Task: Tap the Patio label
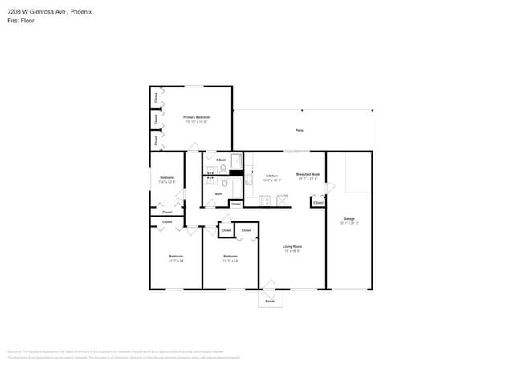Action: [x=299, y=130]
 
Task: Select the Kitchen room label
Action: [x=271, y=175]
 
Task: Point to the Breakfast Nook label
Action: [x=308, y=174]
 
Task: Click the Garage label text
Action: [x=349, y=218]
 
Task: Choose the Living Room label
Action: [x=292, y=246]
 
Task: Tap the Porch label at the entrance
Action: [x=270, y=302]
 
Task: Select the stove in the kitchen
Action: [x=283, y=200]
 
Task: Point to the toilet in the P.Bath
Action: [x=223, y=168]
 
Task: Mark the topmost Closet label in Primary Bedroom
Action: [x=155, y=97]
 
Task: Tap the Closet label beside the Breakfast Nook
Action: [x=318, y=203]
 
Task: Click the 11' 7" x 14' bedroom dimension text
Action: [x=175, y=261]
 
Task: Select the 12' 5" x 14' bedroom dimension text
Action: [x=230, y=261]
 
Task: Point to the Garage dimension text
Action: [x=349, y=222]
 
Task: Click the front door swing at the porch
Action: [x=270, y=286]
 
